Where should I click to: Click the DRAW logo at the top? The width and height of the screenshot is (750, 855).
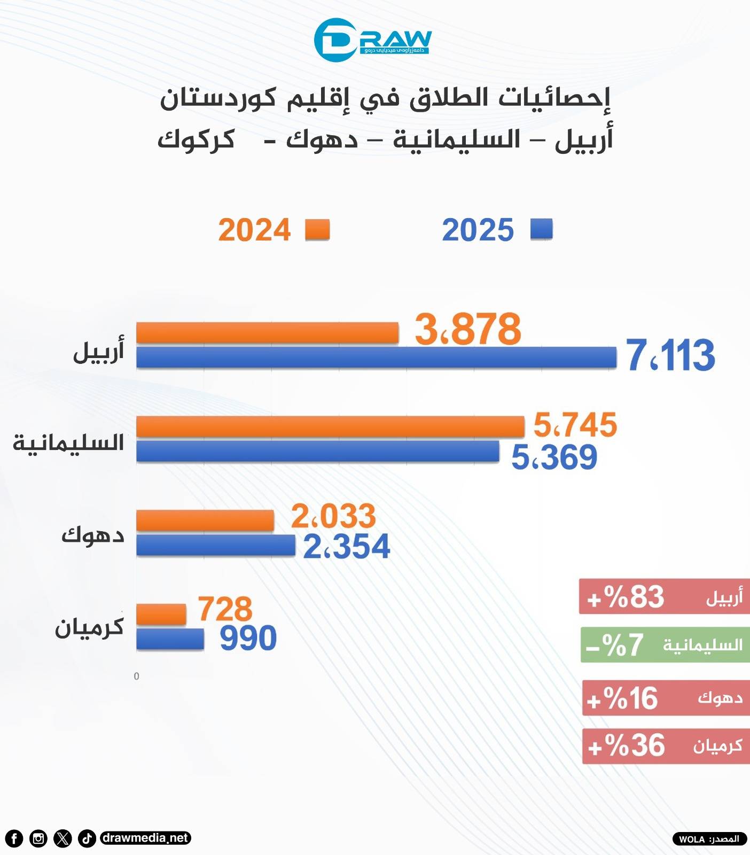pos(372,40)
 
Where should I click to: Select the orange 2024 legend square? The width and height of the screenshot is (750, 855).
pos(317,230)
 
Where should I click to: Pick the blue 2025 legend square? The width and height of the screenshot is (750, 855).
pos(541,229)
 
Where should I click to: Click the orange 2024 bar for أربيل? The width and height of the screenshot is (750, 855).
pos(267,333)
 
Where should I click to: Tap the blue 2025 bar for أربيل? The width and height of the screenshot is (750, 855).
pos(376,357)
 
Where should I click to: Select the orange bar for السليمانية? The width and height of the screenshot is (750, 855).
pos(330,427)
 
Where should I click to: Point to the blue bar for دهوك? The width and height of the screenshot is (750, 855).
pos(216,546)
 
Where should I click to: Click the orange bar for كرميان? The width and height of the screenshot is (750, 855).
pos(161,615)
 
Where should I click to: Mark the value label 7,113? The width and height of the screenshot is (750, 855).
pos(670,355)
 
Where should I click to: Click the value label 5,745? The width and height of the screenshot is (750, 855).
pos(575,425)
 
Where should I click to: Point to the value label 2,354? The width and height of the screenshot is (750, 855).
pos(347,547)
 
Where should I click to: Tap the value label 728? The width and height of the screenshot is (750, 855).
pos(225,609)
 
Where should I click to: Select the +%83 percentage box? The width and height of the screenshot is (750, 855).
pos(665,596)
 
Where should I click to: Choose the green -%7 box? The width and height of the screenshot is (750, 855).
pos(665,645)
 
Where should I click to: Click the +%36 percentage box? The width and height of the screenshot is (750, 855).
pos(666,746)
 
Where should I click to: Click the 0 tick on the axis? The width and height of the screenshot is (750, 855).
pos(136,677)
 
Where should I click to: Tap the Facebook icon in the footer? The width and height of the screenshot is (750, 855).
pos(14,838)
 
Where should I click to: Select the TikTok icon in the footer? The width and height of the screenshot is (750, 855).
pos(87,838)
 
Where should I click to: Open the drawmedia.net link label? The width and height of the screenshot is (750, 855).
pos(145,838)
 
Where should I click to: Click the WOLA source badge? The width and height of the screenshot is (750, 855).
pos(709,839)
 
